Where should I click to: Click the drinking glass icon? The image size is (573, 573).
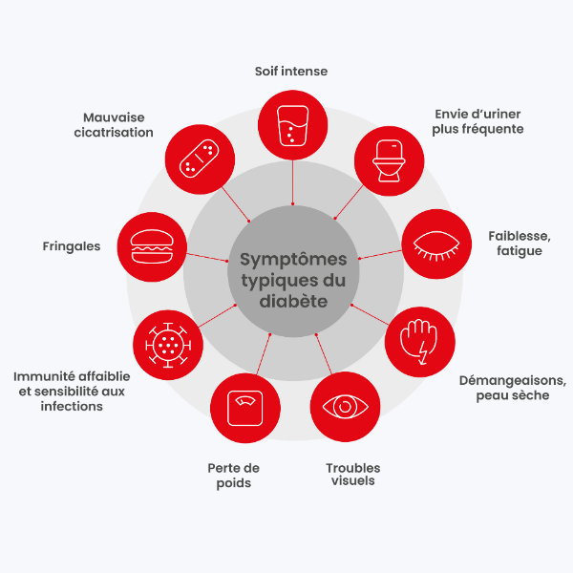pyautogui.click(x=292, y=126)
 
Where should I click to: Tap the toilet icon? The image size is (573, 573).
pyautogui.click(x=389, y=160)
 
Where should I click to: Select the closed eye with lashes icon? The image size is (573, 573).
pyautogui.click(x=436, y=245)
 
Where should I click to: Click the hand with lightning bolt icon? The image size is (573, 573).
pyautogui.click(x=419, y=342)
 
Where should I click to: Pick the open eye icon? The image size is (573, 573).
pyautogui.click(x=345, y=407)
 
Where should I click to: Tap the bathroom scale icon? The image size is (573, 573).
pyautogui.click(x=244, y=408)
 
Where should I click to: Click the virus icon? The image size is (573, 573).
pyautogui.click(x=168, y=345)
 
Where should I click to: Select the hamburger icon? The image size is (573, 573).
pyautogui.click(x=152, y=246)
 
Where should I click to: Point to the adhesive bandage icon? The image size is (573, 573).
pyautogui.click(x=200, y=159)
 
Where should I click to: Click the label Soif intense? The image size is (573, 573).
pyautogui.click(x=291, y=72)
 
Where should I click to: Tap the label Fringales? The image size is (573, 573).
pyautogui.click(x=72, y=246)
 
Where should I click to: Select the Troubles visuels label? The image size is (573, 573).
pyautogui.click(x=353, y=474)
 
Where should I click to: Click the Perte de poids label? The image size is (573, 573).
pyautogui.click(x=234, y=476)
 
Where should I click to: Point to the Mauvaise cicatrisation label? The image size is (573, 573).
pyautogui.click(x=114, y=125)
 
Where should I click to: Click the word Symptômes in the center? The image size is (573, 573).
pyautogui.click(x=293, y=260)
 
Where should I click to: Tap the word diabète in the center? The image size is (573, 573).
pyautogui.click(x=293, y=301)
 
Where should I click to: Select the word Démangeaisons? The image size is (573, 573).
pyautogui.click(x=513, y=381)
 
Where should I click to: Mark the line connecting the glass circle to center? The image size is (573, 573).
pyautogui.click(x=292, y=181)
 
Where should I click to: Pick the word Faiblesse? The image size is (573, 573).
pyautogui.click(x=520, y=236)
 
